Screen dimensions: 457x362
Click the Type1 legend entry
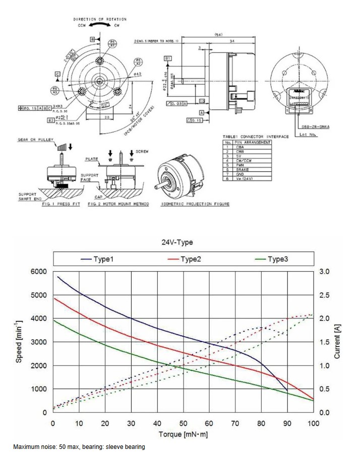click(103, 259)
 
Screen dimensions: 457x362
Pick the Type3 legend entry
click(278, 259)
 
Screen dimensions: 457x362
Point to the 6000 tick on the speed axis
click(39, 272)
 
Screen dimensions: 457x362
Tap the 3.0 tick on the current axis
click(325, 272)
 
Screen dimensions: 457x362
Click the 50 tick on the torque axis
click(183, 424)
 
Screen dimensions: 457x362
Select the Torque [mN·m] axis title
click(183, 434)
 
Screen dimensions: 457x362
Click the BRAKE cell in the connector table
click(243, 170)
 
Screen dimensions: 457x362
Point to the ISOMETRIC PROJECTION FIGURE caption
click(195, 204)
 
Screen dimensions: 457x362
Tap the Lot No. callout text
click(308, 135)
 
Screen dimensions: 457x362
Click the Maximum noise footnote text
click(79, 447)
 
